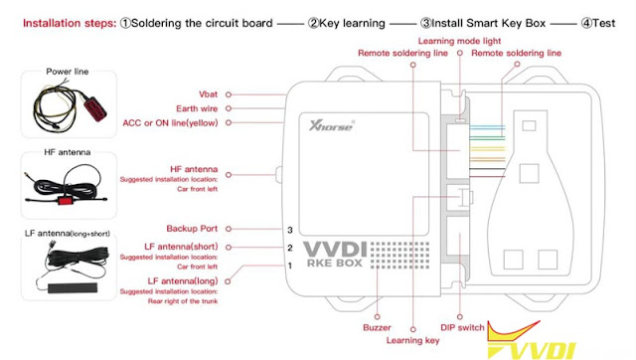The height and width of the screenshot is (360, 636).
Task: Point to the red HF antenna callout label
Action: pos(193,170)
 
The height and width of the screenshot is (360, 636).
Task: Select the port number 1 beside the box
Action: pos(288,266)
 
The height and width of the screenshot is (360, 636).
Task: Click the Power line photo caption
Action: pos(68,72)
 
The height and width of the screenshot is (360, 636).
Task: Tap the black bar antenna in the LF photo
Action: pos(68,285)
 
